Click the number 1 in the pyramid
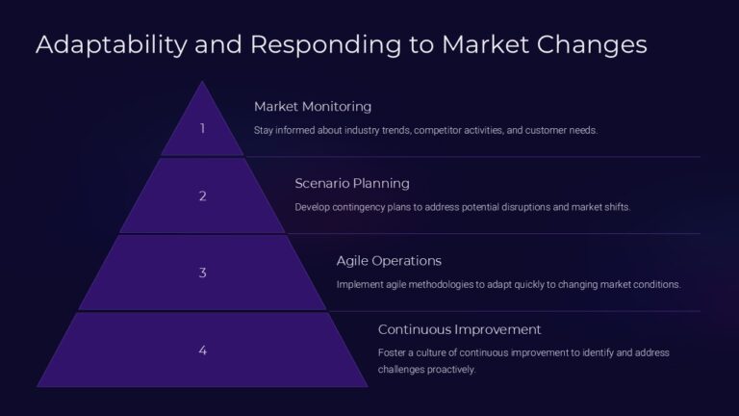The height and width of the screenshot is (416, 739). [x=202, y=128]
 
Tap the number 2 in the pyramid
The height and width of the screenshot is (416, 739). [x=202, y=195]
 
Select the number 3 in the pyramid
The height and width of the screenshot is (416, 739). [x=202, y=273]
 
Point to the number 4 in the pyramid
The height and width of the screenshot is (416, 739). [x=202, y=350]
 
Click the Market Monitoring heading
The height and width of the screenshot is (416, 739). [x=313, y=106]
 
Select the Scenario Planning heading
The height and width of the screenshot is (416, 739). [x=352, y=183]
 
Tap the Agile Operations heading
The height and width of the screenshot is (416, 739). [x=389, y=260]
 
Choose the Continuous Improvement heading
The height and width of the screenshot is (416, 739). [x=459, y=329]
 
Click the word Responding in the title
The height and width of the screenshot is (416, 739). [x=297, y=45]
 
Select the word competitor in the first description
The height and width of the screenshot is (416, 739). [x=442, y=130]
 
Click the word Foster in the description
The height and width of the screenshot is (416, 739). [x=391, y=352]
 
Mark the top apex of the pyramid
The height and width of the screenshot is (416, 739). [x=202, y=82]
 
